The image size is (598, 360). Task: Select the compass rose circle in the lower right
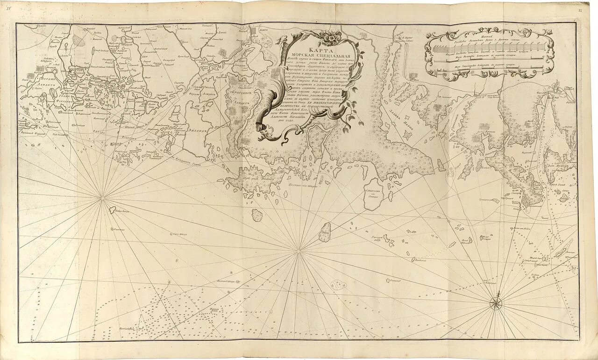(x=496, y=304)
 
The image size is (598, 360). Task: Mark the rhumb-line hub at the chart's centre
(x=298, y=252)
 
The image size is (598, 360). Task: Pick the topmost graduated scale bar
(x=491, y=49)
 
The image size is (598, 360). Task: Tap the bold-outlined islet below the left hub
(x=112, y=210)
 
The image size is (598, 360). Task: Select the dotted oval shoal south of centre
(x=338, y=285)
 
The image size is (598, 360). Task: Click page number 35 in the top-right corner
(x=580, y=9)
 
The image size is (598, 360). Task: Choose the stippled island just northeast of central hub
(x=325, y=232)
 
